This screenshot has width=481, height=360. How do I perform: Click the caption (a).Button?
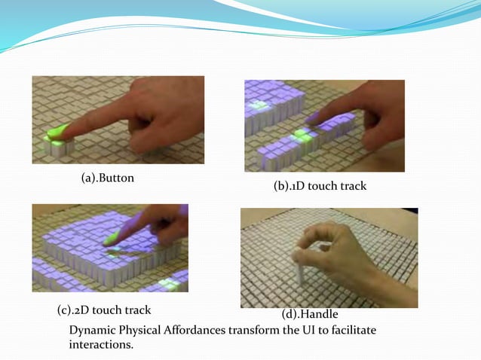click(112, 179)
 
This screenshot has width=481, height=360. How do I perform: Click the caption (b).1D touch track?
click(320, 186)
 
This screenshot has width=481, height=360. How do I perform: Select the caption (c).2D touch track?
click(104, 310)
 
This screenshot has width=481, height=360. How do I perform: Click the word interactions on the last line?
click(100, 344)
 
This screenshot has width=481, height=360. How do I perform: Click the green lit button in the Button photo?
click(56, 136)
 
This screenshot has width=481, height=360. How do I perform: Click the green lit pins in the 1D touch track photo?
click(301, 136)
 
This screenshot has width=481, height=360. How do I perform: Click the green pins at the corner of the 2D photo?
click(169, 283)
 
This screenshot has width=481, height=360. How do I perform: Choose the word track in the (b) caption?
click(351, 186)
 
